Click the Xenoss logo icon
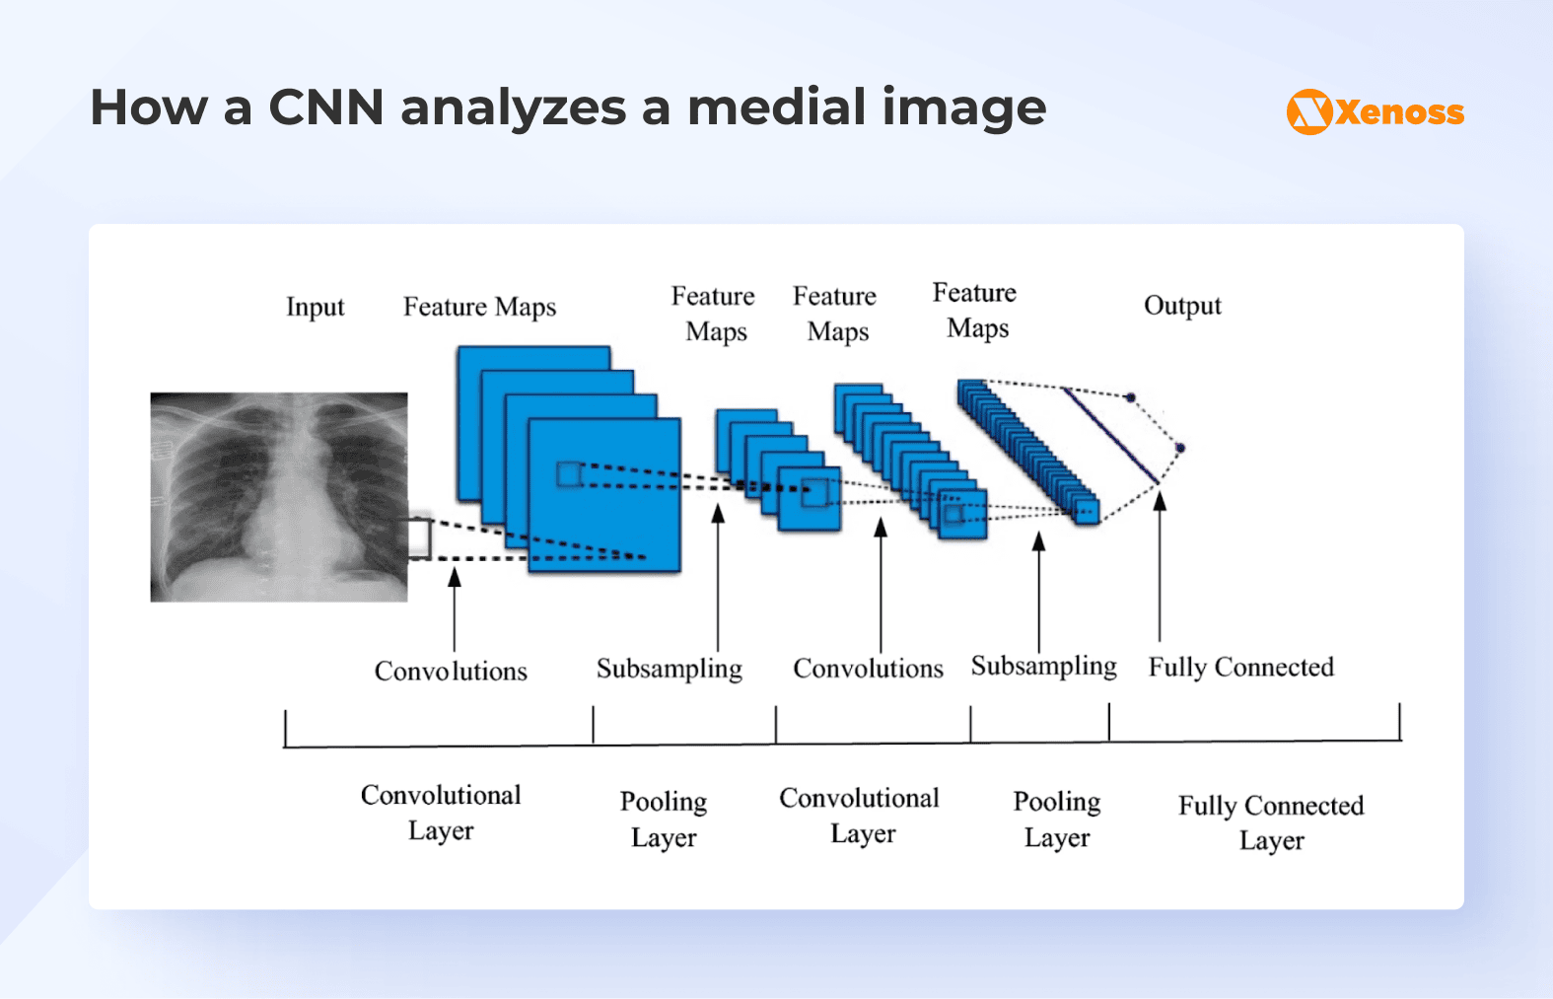(1309, 111)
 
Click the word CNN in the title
(325, 107)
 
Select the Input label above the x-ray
(315, 307)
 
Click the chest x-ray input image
(278, 497)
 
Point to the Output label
(1181, 306)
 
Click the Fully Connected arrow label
(1240, 668)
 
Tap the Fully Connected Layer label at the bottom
(1270, 821)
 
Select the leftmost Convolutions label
(451, 672)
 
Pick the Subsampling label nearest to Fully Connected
(1043, 667)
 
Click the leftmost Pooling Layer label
(664, 819)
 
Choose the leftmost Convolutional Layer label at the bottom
(441, 813)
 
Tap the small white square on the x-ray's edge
(420, 538)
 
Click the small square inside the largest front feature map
(569, 474)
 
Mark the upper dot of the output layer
(1131, 397)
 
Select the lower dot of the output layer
(1179, 448)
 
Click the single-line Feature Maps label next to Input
(479, 307)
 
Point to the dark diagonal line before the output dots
(1110, 435)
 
